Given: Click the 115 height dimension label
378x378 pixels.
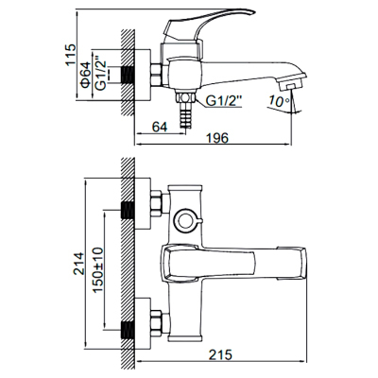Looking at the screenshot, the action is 71,55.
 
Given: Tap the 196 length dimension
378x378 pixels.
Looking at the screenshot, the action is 217,138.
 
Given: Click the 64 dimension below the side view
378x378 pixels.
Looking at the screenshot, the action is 160,127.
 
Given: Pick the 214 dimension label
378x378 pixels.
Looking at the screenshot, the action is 78,264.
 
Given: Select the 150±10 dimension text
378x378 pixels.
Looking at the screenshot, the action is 97,269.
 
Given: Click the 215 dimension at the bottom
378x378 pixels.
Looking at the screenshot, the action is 220,354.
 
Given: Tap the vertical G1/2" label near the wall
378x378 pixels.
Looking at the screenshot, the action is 101,74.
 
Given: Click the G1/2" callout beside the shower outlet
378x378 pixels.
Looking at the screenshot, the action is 224,101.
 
